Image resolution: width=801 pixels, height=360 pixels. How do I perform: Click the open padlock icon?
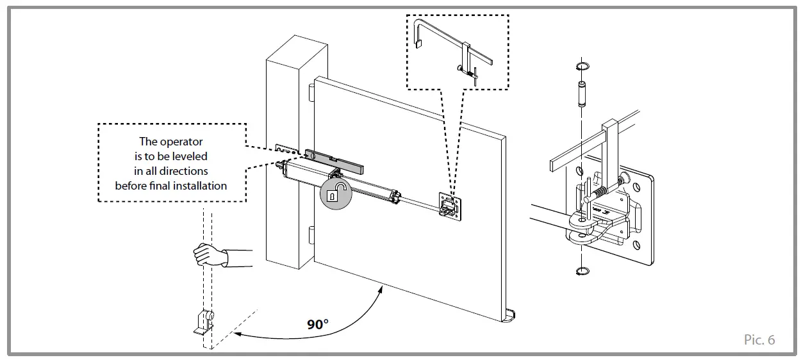tap(336, 193)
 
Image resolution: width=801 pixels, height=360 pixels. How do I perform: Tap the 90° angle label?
tap(318, 325)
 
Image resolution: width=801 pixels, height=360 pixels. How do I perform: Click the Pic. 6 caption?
tap(759, 340)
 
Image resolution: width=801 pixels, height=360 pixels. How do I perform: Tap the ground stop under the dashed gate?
tap(204, 322)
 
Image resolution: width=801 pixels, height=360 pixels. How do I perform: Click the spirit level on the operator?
tap(334, 162)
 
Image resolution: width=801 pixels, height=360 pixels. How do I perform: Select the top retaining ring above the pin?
tap(583, 67)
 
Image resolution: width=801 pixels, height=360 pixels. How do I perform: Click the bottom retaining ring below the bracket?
tap(583, 271)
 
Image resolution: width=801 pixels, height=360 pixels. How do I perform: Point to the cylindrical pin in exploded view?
tap(582, 94)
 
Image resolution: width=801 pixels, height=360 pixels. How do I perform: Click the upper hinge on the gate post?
tap(311, 92)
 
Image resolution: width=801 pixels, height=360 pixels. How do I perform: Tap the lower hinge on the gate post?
tap(311, 235)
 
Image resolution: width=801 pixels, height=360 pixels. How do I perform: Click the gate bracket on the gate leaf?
tap(450, 206)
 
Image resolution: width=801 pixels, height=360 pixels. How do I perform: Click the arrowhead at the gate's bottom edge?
tap(380, 290)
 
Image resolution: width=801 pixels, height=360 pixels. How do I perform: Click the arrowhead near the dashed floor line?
tap(237, 334)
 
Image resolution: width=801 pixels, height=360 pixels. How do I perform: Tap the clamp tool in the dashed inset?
tap(454, 53)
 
